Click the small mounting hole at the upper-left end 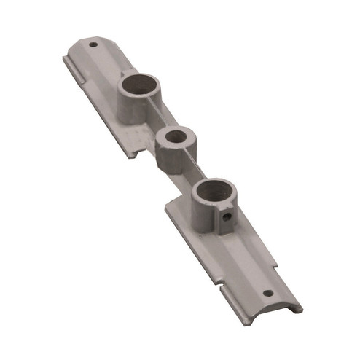point(93,44)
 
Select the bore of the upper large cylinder point(138,85)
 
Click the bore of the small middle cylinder point(175,136)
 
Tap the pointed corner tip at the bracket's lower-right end point(300,312)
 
